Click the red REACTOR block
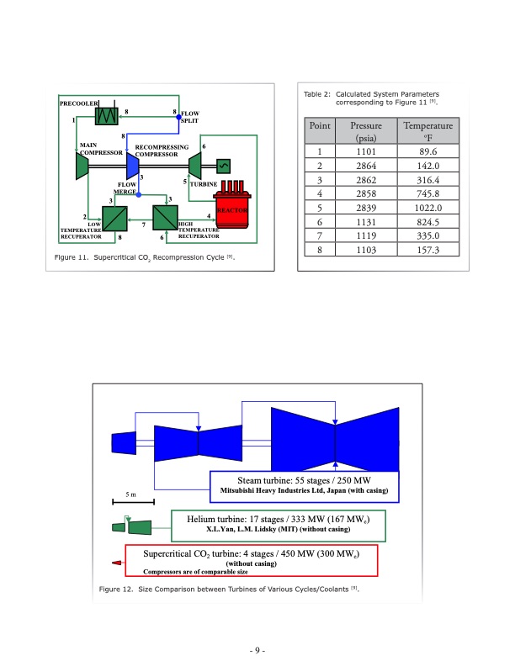pos(232,210)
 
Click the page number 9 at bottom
pos(257,650)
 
